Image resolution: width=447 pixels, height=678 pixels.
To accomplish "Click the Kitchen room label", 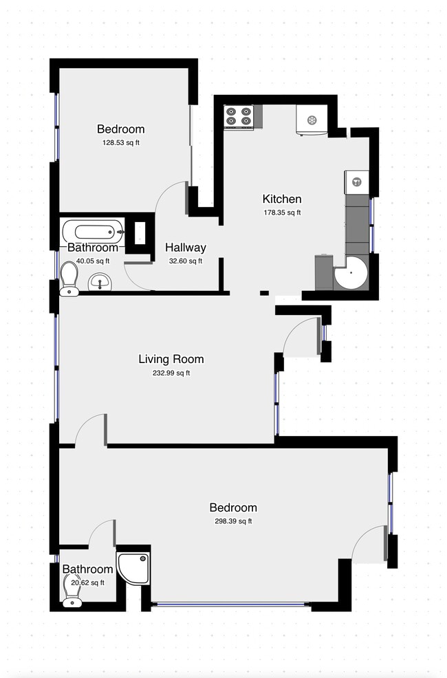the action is click(x=282, y=199).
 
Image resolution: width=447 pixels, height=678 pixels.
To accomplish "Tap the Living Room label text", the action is click(x=171, y=359).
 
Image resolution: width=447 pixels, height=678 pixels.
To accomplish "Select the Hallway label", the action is click(x=186, y=248).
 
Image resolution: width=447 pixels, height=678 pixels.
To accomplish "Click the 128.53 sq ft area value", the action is click(x=121, y=143).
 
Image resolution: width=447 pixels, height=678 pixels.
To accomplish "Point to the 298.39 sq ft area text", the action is click(x=233, y=521).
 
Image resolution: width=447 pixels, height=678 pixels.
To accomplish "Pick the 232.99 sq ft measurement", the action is click(x=171, y=373).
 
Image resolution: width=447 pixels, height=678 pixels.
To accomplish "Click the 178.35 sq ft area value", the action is click(x=282, y=212).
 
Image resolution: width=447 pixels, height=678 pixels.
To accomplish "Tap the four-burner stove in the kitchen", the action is click(x=239, y=117).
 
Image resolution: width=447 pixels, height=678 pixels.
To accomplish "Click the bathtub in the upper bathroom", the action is click(x=94, y=232).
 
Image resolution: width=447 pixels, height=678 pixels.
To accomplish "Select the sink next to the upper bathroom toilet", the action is click(x=100, y=283).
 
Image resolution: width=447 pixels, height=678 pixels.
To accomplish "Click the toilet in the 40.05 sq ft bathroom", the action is click(x=69, y=279).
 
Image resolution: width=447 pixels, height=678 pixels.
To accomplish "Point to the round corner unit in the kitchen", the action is click(x=351, y=273).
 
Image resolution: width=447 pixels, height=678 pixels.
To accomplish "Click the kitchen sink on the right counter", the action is click(x=357, y=182).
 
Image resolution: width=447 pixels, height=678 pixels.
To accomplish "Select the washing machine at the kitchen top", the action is click(x=312, y=120).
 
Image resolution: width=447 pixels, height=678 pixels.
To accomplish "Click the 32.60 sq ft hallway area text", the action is click(x=186, y=261).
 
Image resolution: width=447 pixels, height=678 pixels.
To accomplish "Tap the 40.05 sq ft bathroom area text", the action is click(x=93, y=261).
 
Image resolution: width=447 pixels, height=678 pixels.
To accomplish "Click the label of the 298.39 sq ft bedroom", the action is click(x=233, y=507).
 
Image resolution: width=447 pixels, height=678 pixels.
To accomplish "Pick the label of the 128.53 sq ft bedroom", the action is click(x=121, y=129).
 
